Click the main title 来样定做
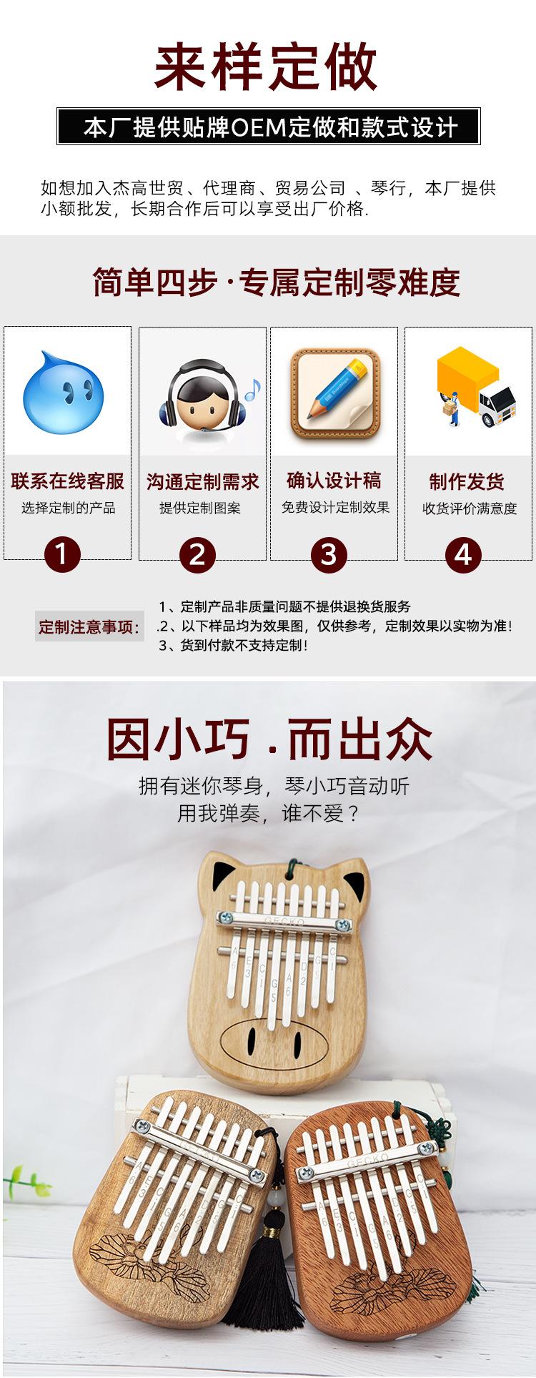(x=266, y=66)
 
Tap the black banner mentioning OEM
(x=268, y=127)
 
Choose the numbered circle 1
(x=62, y=554)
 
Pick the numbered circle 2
(x=197, y=554)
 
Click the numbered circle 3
(x=329, y=554)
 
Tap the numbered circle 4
(x=464, y=554)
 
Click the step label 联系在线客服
(x=68, y=481)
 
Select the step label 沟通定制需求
(x=203, y=481)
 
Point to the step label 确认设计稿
(x=334, y=481)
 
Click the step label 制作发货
(x=467, y=481)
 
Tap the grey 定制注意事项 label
(x=89, y=627)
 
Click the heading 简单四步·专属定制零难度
(x=276, y=282)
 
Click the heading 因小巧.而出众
(x=269, y=739)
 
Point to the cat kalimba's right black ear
(x=353, y=881)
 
